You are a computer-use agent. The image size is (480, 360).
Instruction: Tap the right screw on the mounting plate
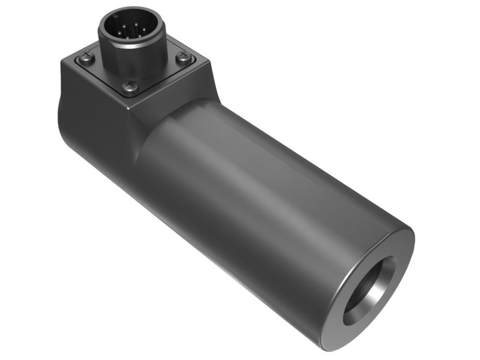(184, 58)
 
